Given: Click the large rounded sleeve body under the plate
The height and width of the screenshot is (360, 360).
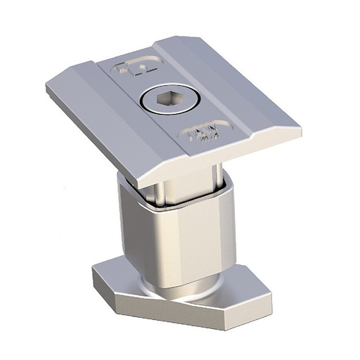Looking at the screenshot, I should tap(176, 239).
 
